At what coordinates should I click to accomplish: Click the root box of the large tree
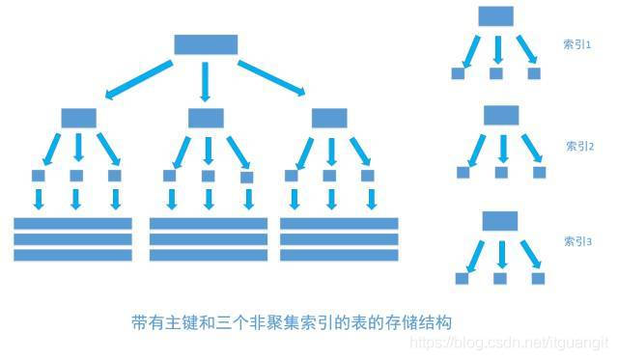point(205,44)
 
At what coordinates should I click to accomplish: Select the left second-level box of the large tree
point(78,118)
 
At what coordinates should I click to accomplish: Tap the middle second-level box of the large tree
point(206,118)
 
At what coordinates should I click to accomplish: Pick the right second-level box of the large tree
point(329,118)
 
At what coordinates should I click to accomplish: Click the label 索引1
point(577,44)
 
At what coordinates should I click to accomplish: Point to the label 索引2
point(579,147)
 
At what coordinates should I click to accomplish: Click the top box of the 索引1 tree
point(496,16)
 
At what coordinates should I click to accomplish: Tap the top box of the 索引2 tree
point(501,115)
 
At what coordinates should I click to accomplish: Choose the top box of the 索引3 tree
point(499,219)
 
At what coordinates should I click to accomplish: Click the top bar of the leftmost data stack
point(72,223)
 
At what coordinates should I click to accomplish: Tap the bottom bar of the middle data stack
point(208,256)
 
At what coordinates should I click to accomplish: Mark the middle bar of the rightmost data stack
point(338,239)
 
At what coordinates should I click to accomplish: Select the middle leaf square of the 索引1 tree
point(496,72)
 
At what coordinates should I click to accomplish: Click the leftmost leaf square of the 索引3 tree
point(461,278)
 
